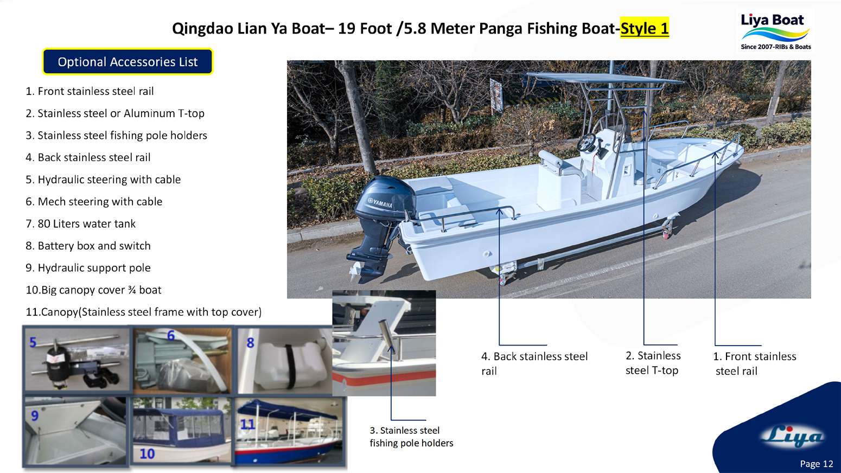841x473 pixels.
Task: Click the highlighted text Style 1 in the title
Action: pos(644,28)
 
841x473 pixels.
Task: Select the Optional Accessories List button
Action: pos(128,62)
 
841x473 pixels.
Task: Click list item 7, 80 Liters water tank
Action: pos(81,223)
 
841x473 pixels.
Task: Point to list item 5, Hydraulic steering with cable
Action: pos(103,180)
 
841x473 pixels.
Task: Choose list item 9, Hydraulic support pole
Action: pos(88,268)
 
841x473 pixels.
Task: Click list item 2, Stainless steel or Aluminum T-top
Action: pos(115,113)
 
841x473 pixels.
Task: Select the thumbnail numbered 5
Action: pos(77,359)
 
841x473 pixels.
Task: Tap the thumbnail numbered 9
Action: pos(76,431)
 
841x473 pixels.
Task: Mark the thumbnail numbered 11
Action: pos(290,431)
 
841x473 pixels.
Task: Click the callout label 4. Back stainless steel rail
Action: pos(534,363)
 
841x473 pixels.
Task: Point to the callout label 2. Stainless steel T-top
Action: pos(653,363)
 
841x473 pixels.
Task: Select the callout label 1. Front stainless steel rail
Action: pos(754,363)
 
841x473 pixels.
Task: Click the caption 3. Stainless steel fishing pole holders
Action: pos(411,437)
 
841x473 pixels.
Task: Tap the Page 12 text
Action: pos(816,464)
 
